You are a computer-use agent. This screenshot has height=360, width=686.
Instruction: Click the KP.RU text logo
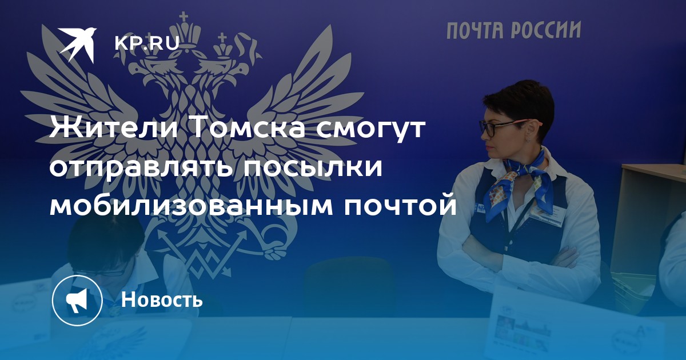[x=147, y=43]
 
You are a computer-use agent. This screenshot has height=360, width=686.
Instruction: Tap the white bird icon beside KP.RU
[x=78, y=44]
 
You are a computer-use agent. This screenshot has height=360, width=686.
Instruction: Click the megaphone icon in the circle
[x=77, y=301]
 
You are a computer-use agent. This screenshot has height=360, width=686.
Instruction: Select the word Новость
[x=162, y=299]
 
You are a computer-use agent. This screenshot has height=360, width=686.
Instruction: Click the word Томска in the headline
[x=249, y=128]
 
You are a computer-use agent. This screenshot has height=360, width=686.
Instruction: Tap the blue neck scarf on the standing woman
[x=521, y=181]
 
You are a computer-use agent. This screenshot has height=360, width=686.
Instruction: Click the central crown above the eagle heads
[x=184, y=32]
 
